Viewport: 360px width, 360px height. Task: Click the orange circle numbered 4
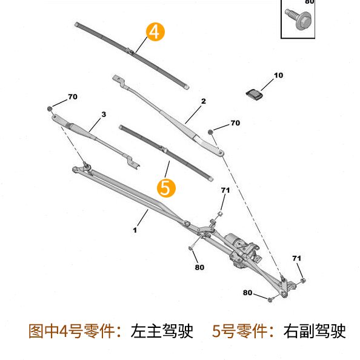[x=155, y=32]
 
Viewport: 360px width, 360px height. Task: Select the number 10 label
[x=278, y=76]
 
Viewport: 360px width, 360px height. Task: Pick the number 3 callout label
[x=104, y=114]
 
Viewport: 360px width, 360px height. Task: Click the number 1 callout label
[x=135, y=230]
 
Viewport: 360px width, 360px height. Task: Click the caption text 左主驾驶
[x=162, y=332]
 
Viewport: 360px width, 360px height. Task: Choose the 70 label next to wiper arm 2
[x=235, y=123]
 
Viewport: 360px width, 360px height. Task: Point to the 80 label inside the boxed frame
[x=309, y=2]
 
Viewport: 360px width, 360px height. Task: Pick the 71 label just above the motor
[x=225, y=190]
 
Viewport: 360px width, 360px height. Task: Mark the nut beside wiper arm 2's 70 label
[x=210, y=132]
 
